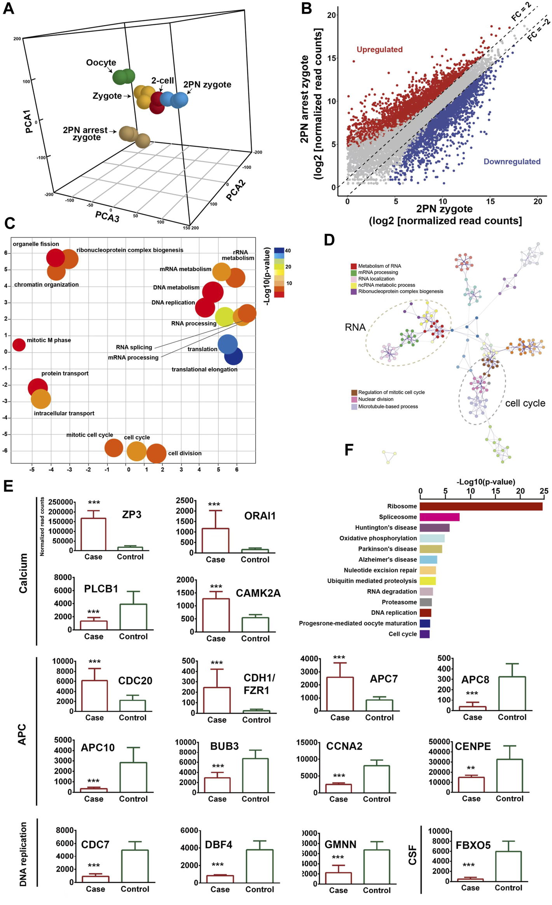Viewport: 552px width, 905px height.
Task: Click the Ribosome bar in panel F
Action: tap(481, 506)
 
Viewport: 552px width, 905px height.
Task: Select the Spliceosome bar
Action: tap(439, 517)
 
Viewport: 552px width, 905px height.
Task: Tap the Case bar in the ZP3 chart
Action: tap(93, 534)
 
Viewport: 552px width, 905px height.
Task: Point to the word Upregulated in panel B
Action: tap(379, 49)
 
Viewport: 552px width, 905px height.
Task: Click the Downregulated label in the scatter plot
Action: tap(512, 161)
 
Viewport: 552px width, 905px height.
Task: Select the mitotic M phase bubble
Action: tap(19, 344)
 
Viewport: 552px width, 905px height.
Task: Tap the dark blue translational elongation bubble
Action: tap(233, 356)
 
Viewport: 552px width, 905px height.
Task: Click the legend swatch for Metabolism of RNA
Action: tap(354, 266)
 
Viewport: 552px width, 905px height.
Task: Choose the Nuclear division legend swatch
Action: tap(354, 399)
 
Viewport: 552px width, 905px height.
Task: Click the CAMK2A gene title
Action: tap(258, 593)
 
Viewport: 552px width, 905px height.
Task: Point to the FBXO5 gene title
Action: tap(473, 845)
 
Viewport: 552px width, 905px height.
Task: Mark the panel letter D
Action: tap(329, 240)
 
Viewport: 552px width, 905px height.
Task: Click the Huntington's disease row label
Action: tap(386, 528)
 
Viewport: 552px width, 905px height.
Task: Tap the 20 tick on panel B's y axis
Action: tap(331, 15)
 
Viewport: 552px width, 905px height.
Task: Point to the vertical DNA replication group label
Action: tap(23, 854)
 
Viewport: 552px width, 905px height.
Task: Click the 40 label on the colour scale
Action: tap(288, 251)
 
